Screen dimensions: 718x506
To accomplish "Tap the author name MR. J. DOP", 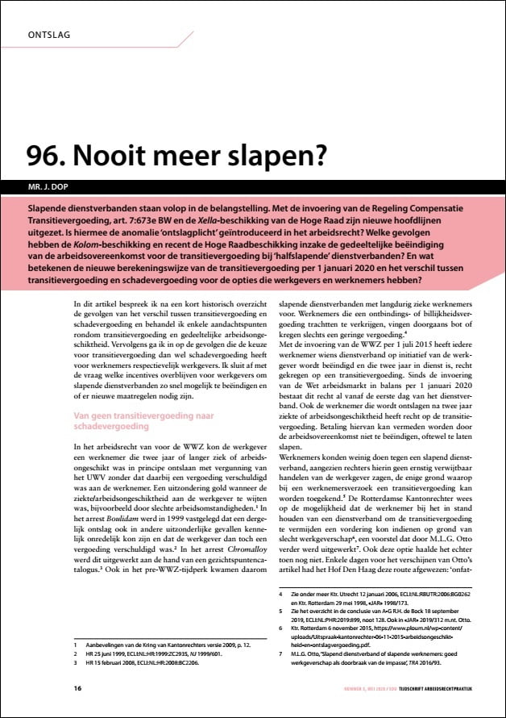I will (x=49, y=187).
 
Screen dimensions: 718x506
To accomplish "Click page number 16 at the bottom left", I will (x=77, y=688).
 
